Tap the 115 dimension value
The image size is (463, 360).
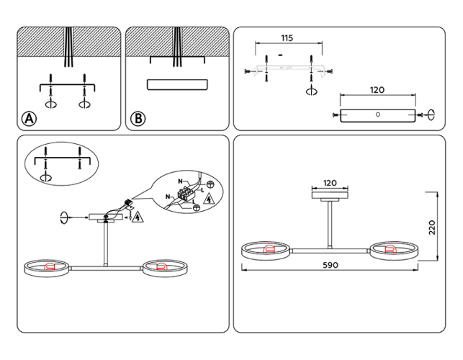tap(286, 37)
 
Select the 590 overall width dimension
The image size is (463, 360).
tap(330, 265)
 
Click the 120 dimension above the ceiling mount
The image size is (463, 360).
tap(330, 184)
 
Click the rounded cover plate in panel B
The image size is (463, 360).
tap(177, 84)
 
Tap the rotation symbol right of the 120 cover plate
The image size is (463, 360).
tap(431, 113)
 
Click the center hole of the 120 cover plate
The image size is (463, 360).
tap(377, 115)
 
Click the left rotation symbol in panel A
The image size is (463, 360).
tap(51, 104)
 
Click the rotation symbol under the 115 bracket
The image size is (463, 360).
tap(311, 91)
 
